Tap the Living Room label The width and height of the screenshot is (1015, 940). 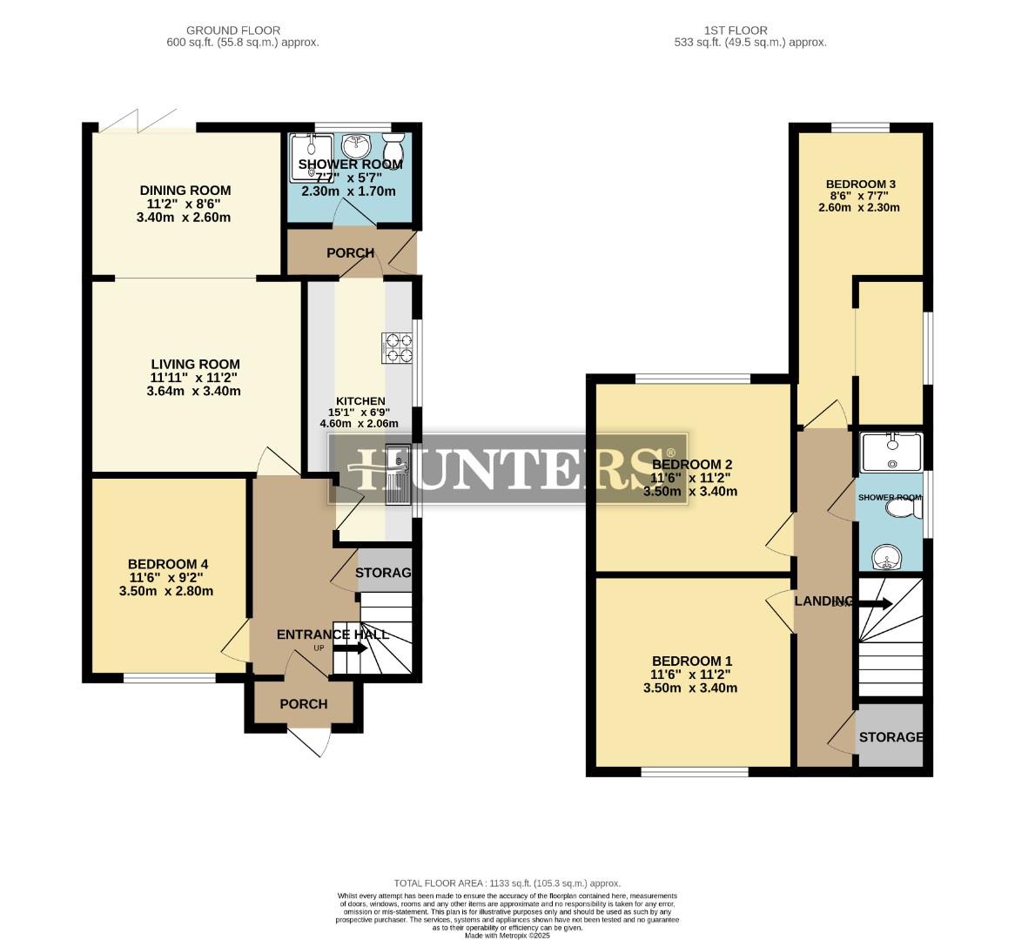point(195,365)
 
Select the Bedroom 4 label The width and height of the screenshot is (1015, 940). point(168,564)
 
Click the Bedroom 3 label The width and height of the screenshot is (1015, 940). point(860,184)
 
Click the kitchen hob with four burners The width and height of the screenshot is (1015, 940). point(396,348)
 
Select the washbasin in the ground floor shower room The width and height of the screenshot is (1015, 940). point(357,144)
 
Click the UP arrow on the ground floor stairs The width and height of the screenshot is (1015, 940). point(350,648)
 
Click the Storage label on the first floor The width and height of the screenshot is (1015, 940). point(891,737)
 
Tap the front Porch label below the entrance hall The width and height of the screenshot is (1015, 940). point(303,703)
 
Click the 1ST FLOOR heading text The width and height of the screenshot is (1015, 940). point(749,30)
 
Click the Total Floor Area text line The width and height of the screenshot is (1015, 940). point(507,883)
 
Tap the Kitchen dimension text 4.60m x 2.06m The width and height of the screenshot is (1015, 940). point(359,424)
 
